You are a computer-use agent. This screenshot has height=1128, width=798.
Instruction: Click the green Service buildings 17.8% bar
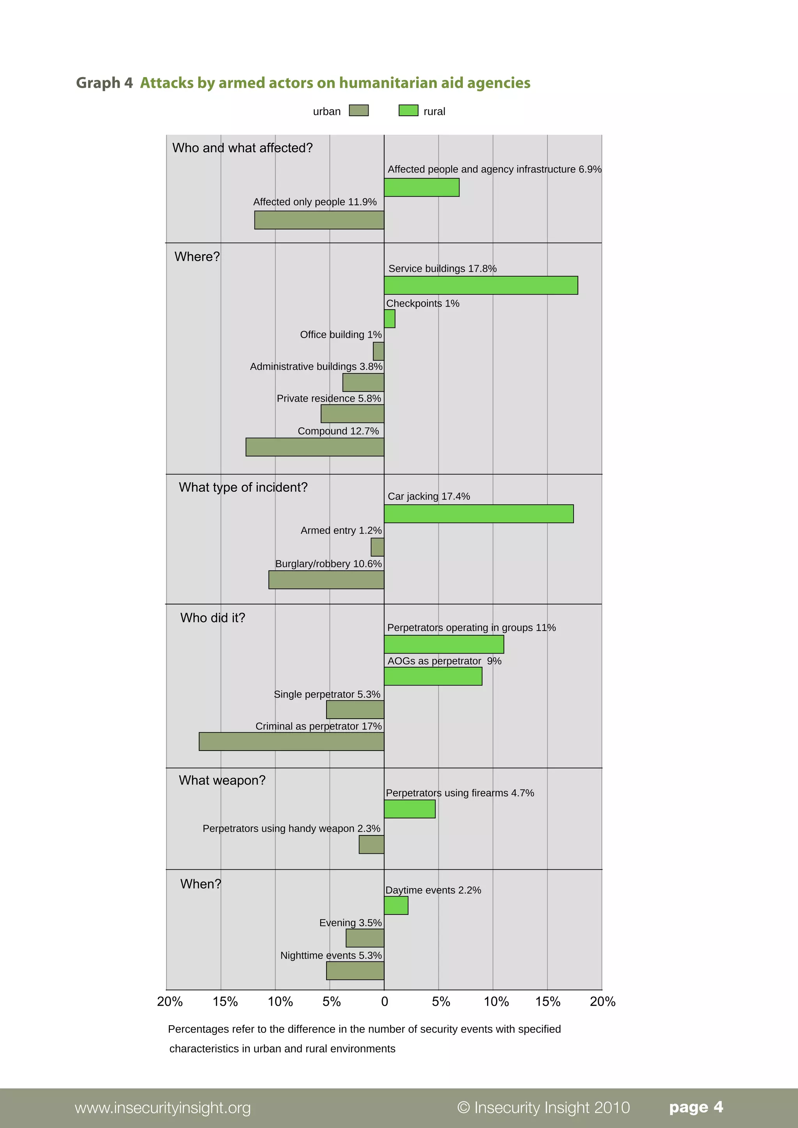pos(480,286)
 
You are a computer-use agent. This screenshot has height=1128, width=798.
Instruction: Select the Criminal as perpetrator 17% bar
pos(291,741)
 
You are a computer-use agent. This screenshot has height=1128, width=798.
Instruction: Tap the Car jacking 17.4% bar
pos(478,514)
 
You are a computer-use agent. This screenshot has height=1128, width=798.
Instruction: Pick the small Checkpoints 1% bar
pos(390,319)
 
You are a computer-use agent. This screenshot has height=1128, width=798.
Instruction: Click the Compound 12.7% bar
pos(315,447)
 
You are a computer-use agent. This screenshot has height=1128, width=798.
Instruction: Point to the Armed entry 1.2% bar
pos(378,547)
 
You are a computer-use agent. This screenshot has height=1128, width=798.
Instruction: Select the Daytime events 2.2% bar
pos(396,906)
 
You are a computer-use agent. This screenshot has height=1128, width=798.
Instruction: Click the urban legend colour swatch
pos(359,111)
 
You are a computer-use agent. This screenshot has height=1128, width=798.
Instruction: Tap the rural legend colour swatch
pos(408,111)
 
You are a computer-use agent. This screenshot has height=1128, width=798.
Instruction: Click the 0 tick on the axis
pos(385,1001)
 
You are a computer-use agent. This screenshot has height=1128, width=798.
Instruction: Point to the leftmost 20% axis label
pos(170,1001)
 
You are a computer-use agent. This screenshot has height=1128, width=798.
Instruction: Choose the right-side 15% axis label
pos(548,1001)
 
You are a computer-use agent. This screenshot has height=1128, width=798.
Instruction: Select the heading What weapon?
pos(222,780)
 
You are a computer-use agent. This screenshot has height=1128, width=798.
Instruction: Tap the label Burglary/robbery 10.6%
pos(328,564)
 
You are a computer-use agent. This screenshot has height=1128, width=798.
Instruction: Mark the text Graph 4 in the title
pos(104,83)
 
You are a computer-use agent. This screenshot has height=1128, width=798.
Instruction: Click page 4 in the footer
pos(696,1107)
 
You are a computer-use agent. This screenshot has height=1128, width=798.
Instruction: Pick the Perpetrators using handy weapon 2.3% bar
pos(371,844)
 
